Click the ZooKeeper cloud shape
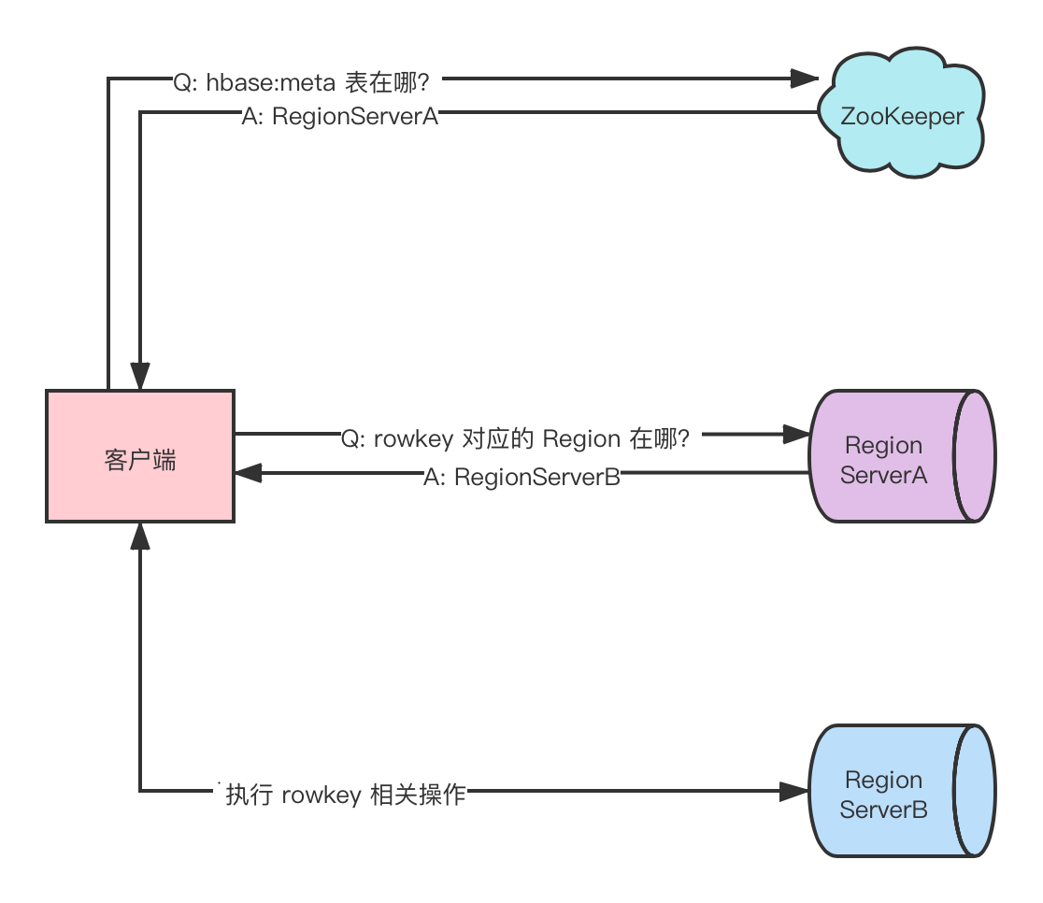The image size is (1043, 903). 901,113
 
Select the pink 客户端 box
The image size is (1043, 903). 140,456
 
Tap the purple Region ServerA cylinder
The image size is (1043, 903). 902,456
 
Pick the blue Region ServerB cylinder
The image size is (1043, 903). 902,791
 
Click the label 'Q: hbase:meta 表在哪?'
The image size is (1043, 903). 301,82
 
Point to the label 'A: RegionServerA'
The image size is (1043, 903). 340,117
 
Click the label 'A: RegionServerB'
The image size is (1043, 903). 521,477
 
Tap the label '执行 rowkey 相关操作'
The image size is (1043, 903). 345,795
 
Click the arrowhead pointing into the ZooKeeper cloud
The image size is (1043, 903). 804,79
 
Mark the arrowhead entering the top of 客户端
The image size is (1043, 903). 139,376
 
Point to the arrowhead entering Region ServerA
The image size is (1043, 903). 795,435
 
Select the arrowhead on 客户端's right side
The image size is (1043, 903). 248,473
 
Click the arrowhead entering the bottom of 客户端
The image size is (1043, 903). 139,537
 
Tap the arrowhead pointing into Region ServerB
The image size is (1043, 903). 794,791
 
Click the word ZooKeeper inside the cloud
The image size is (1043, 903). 902,117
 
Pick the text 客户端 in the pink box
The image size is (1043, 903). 140,460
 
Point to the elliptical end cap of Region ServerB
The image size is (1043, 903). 975,791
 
